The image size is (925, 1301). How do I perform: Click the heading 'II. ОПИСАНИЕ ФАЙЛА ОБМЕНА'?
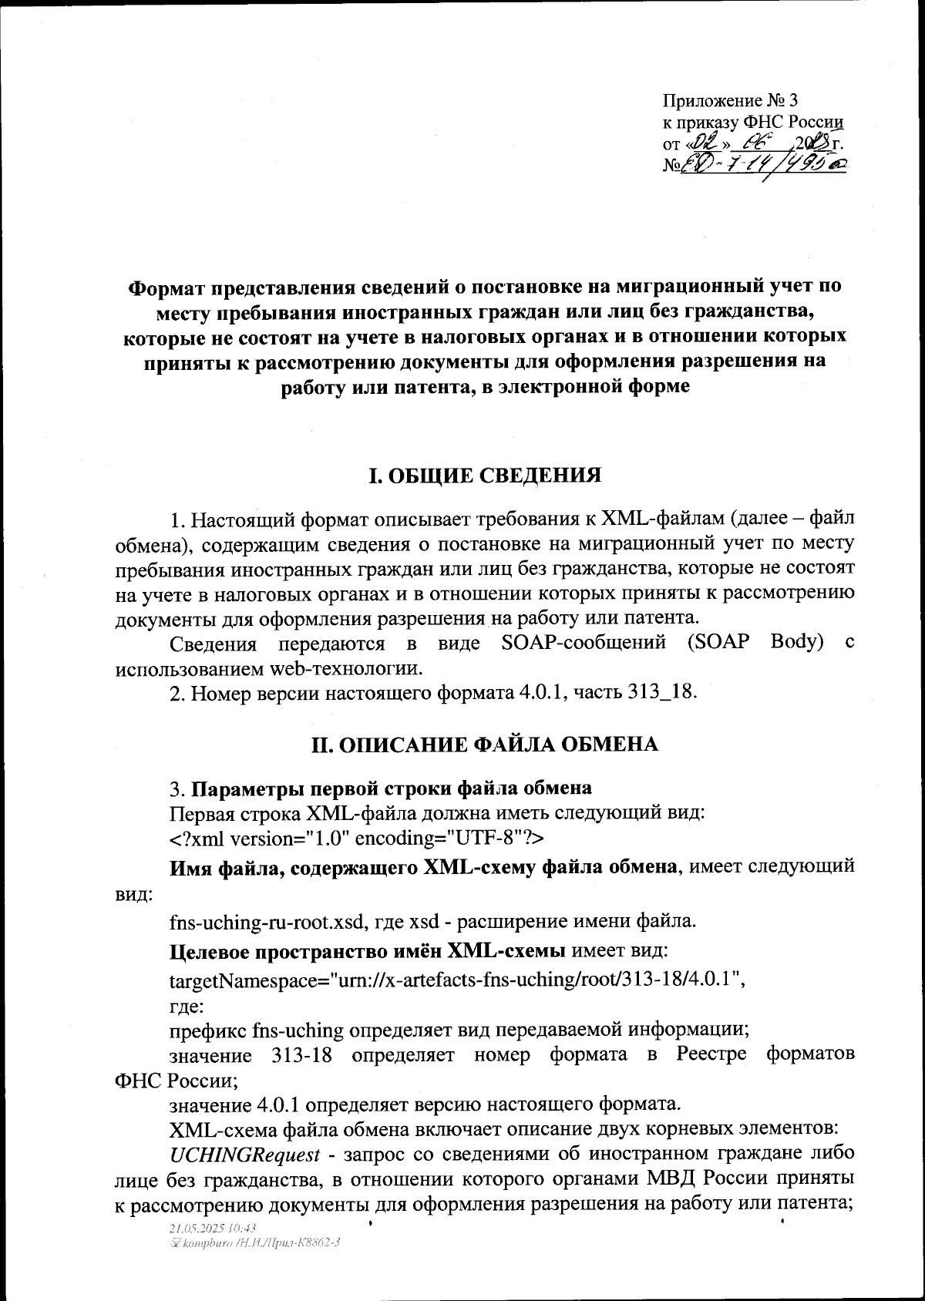[484, 745]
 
